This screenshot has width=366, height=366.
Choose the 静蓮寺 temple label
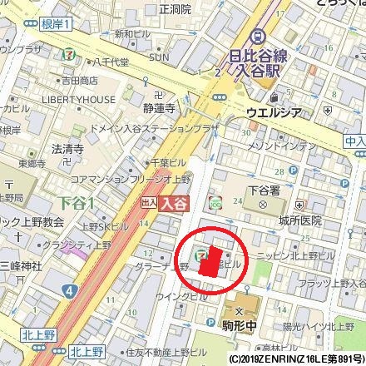point(156,107)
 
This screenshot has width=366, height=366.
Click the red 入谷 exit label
point(171,201)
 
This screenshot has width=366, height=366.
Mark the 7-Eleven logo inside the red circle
point(200,255)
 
